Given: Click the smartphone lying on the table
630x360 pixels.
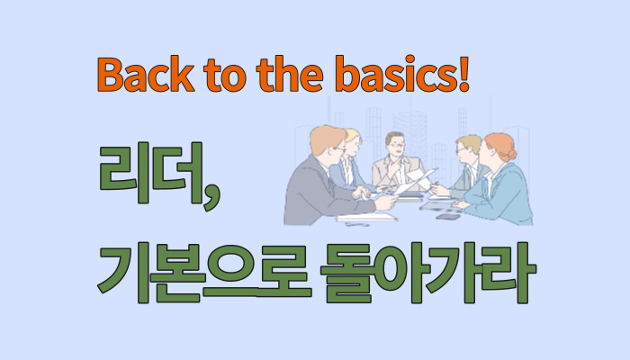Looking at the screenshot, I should [447, 217].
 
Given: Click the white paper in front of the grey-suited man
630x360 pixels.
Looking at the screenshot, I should [364, 216].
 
